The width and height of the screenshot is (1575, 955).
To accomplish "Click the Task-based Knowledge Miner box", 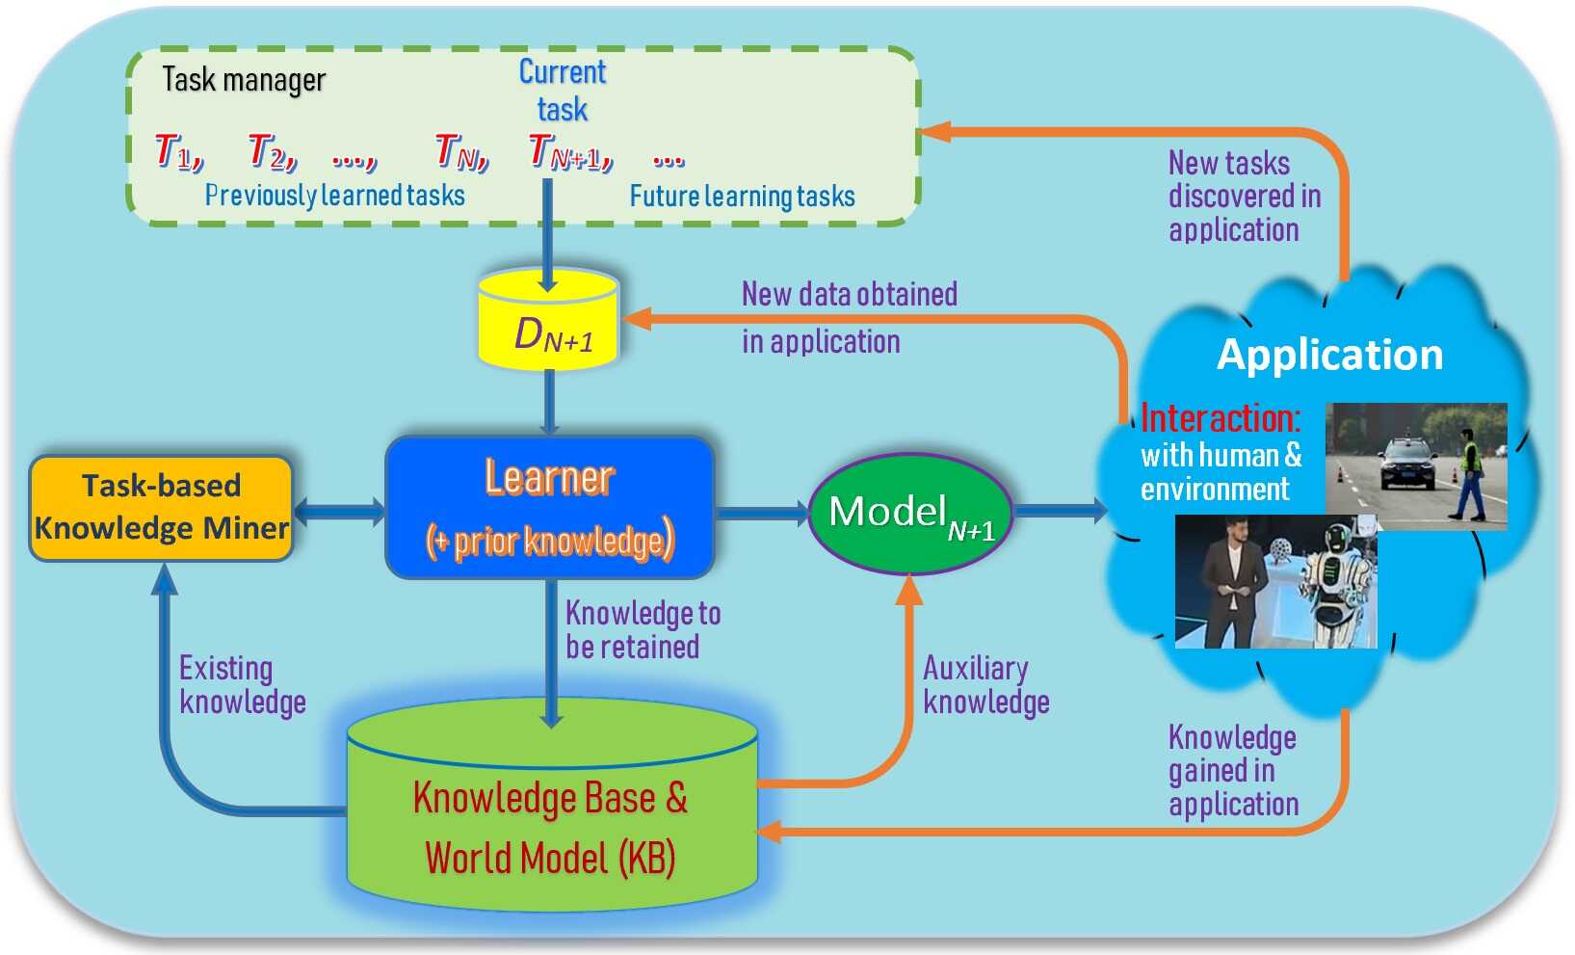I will point(161,508).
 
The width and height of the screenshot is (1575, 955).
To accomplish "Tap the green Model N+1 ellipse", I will point(909,514).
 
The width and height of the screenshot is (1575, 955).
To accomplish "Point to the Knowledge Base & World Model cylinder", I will point(552,819).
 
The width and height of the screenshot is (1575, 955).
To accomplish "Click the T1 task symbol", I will point(178,151).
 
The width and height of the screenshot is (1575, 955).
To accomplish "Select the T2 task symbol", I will point(272,151).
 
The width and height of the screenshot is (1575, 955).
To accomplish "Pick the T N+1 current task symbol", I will point(568,152).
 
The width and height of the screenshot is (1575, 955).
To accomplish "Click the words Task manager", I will point(244,80).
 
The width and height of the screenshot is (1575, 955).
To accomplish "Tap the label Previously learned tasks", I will point(334,196).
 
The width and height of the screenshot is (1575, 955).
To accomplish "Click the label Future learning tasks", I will point(742,197).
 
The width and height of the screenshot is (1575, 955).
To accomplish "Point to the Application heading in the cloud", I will point(1329,355).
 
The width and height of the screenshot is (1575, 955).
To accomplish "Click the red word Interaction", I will point(1220,418).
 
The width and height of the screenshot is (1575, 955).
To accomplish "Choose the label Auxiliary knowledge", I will point(984,685).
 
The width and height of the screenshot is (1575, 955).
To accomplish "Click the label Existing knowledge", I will point(242,685).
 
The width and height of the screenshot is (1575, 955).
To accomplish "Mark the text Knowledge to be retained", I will point(642,629).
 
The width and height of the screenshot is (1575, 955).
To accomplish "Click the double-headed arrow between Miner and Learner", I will point(338,511).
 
